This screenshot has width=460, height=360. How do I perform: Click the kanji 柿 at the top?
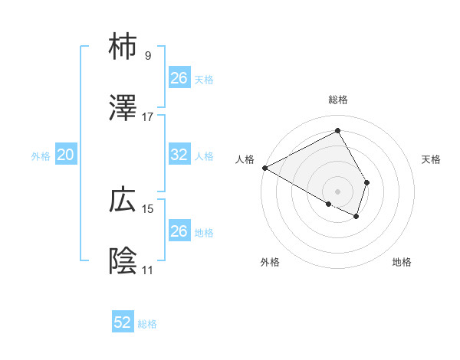click(x=123, y=47)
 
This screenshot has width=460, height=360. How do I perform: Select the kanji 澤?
click(x=123, y=108)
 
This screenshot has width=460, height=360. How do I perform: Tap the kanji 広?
click(x=123, y=201)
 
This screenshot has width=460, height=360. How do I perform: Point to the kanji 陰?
click(x=123, y=261)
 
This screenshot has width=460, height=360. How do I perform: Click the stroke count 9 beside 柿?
click(x=148, y=56)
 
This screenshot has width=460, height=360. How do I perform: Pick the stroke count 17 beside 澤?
click(x=148, y=116)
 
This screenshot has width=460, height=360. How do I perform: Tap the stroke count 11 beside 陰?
click(x=148, y=270)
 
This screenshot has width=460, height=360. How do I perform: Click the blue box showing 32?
click(x=179, y=154)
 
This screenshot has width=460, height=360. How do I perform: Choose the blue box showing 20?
click(x=66, y=155)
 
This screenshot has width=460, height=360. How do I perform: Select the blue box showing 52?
click(x=123, y=322)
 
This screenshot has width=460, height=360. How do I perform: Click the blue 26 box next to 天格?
click(x=179, y=77)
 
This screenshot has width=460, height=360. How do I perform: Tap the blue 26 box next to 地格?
click(x=179, y=231)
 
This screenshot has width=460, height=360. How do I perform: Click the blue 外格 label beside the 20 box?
click(x=41, y=155)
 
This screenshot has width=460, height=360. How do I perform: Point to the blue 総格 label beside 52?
click(x=147, y=324)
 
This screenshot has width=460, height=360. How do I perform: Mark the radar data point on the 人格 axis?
click(x=264, y=168)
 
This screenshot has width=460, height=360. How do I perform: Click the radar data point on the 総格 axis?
click(x=337, y=131)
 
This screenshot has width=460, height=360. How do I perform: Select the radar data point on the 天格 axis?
click(x=367, y=182)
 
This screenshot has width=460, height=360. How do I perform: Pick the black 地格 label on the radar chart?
click(x=402, y=263)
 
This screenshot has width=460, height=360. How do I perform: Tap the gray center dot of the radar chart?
click(x=337, y=191)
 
